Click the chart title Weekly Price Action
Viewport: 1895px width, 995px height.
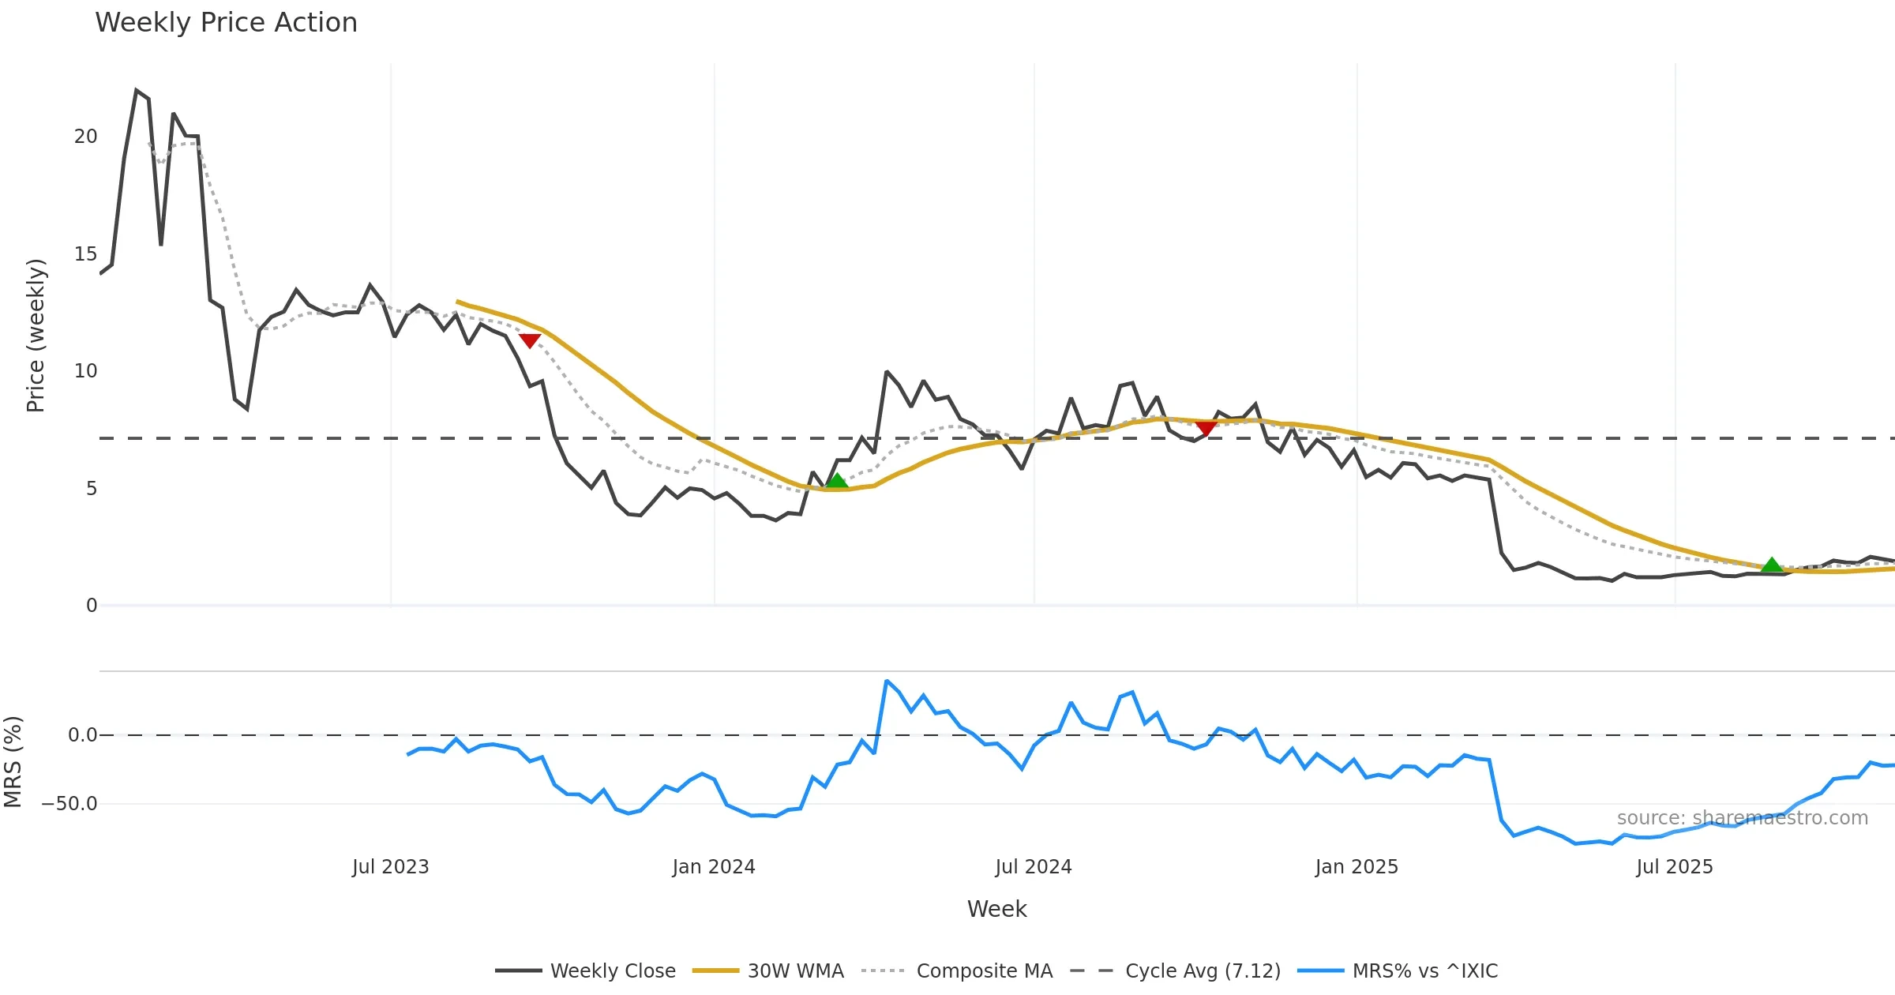226,23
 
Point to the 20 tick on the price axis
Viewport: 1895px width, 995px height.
85,137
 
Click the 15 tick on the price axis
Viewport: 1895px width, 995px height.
85,254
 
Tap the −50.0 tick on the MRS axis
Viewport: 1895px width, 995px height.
69,804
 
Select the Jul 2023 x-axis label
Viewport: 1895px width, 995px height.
390,867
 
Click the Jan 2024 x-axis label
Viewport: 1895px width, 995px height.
714,867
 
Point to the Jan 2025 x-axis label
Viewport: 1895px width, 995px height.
1357,867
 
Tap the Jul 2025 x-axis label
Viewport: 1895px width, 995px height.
1675,867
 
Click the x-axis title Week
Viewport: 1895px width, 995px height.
996,910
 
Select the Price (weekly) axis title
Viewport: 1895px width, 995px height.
36,336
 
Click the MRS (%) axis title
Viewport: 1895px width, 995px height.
13,762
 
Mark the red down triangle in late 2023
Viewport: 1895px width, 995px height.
530,340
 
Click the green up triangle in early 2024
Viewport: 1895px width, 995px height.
836,481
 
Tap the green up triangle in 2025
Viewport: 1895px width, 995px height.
1772,565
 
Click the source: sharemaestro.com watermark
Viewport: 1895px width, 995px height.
1742,818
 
